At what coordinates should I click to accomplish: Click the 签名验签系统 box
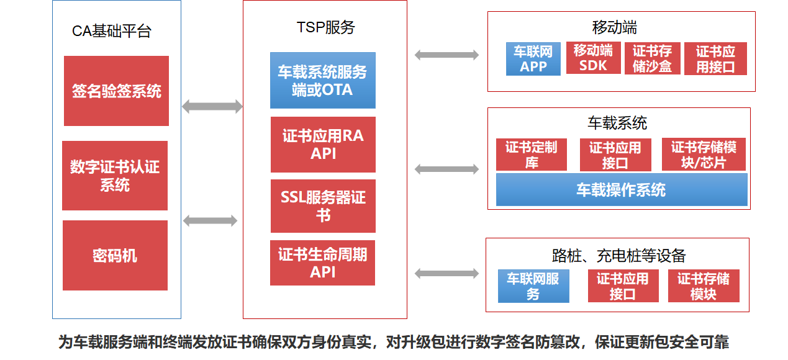pyautogui.click(x=116, y=91)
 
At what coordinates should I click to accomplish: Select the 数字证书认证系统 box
pyautogui.click(x=115, y=176)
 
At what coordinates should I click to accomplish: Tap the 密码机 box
pyautogui.click(x=115, y=255)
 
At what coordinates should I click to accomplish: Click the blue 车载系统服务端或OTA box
pyautogui.click(x=322, y=81)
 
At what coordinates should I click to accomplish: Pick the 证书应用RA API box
pyautogui.click(x=323, y=145)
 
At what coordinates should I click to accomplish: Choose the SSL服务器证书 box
pyautogui.click(x=323, y=206)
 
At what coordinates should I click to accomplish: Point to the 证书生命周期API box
pyautogui.click(x=322, y=263)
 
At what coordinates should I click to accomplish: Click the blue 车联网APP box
pyautogui.click(x=533, y=59)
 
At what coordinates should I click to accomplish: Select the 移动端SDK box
pyautogui.click(x=594, y=58)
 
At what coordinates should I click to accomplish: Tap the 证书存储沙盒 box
pyautogui.click(x=653, y=58)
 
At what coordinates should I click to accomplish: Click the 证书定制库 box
pyautogui.click(x=532, y=155)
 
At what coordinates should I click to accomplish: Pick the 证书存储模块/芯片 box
pyautogui.click(x=704, y=155)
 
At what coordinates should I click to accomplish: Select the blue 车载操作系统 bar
pyautogui.click(x=622, y=189)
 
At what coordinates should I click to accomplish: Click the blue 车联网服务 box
pyautogui.click(x=533, y=286)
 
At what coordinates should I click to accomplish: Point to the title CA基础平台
pyautogui.click(x=112, y=31)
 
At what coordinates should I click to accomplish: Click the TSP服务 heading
pyautogui.click(x=326, y=27)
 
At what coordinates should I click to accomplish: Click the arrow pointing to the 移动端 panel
pyautogui.click(x=446, y=55)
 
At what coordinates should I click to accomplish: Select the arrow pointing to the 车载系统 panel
pyautogui.click(x=446, y=169)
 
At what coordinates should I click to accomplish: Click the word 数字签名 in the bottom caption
pyautogui.click(x=505, y=342)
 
